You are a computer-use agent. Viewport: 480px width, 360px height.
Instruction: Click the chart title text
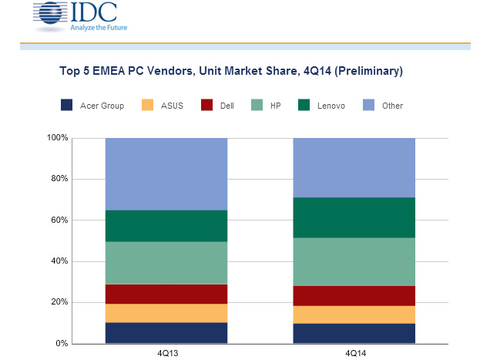(x=231, y=72)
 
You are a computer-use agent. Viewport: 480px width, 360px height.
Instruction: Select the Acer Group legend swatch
(x=67, y=106)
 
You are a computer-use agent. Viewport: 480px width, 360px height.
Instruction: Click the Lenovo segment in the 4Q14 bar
(x=354, y=217)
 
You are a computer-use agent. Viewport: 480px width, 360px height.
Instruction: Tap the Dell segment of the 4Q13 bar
(x=166, y=294)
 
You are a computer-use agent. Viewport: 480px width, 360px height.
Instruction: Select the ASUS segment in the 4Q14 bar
(x=354, y=315)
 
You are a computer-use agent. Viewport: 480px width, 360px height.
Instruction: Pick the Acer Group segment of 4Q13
(x=166, y=332)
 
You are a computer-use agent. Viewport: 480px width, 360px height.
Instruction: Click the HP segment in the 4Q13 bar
(x=166, y=263)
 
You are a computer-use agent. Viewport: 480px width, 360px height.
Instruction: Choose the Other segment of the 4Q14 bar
(x=354, y=167)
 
